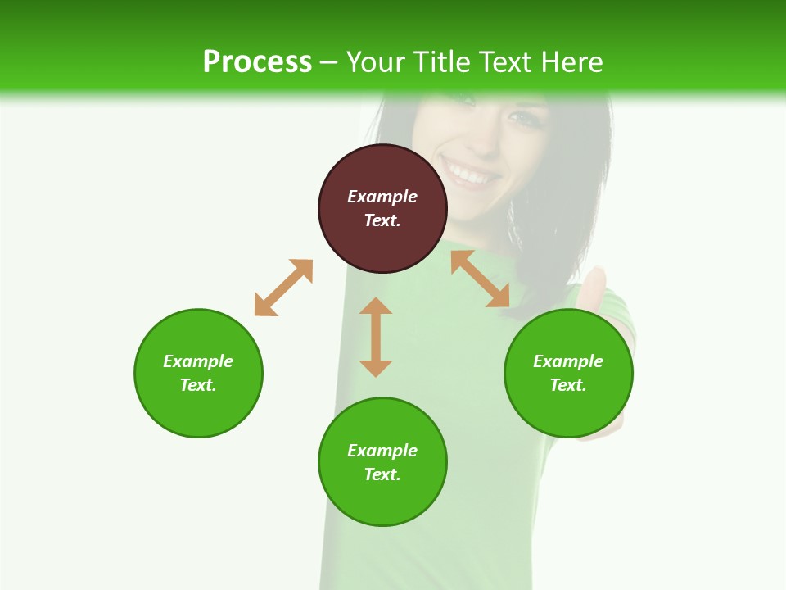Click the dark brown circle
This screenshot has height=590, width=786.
(382, 209)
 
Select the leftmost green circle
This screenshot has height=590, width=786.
(198, 373)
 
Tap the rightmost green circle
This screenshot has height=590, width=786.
(568, 373)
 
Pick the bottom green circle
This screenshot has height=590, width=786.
(382, 462)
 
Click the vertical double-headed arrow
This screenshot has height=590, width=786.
(376, 337)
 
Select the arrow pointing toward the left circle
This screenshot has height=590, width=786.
(283, 288)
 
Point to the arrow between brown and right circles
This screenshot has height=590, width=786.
(481, 279)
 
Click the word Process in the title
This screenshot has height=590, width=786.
(257, 61)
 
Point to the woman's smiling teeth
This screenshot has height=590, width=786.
(471, 175)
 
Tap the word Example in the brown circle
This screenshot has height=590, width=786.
(382, 197)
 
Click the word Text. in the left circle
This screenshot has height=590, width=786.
(198, 385)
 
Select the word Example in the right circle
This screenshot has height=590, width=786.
(568, 361)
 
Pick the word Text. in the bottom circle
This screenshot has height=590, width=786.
(382, 474)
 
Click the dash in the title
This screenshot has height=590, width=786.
(329, 62)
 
